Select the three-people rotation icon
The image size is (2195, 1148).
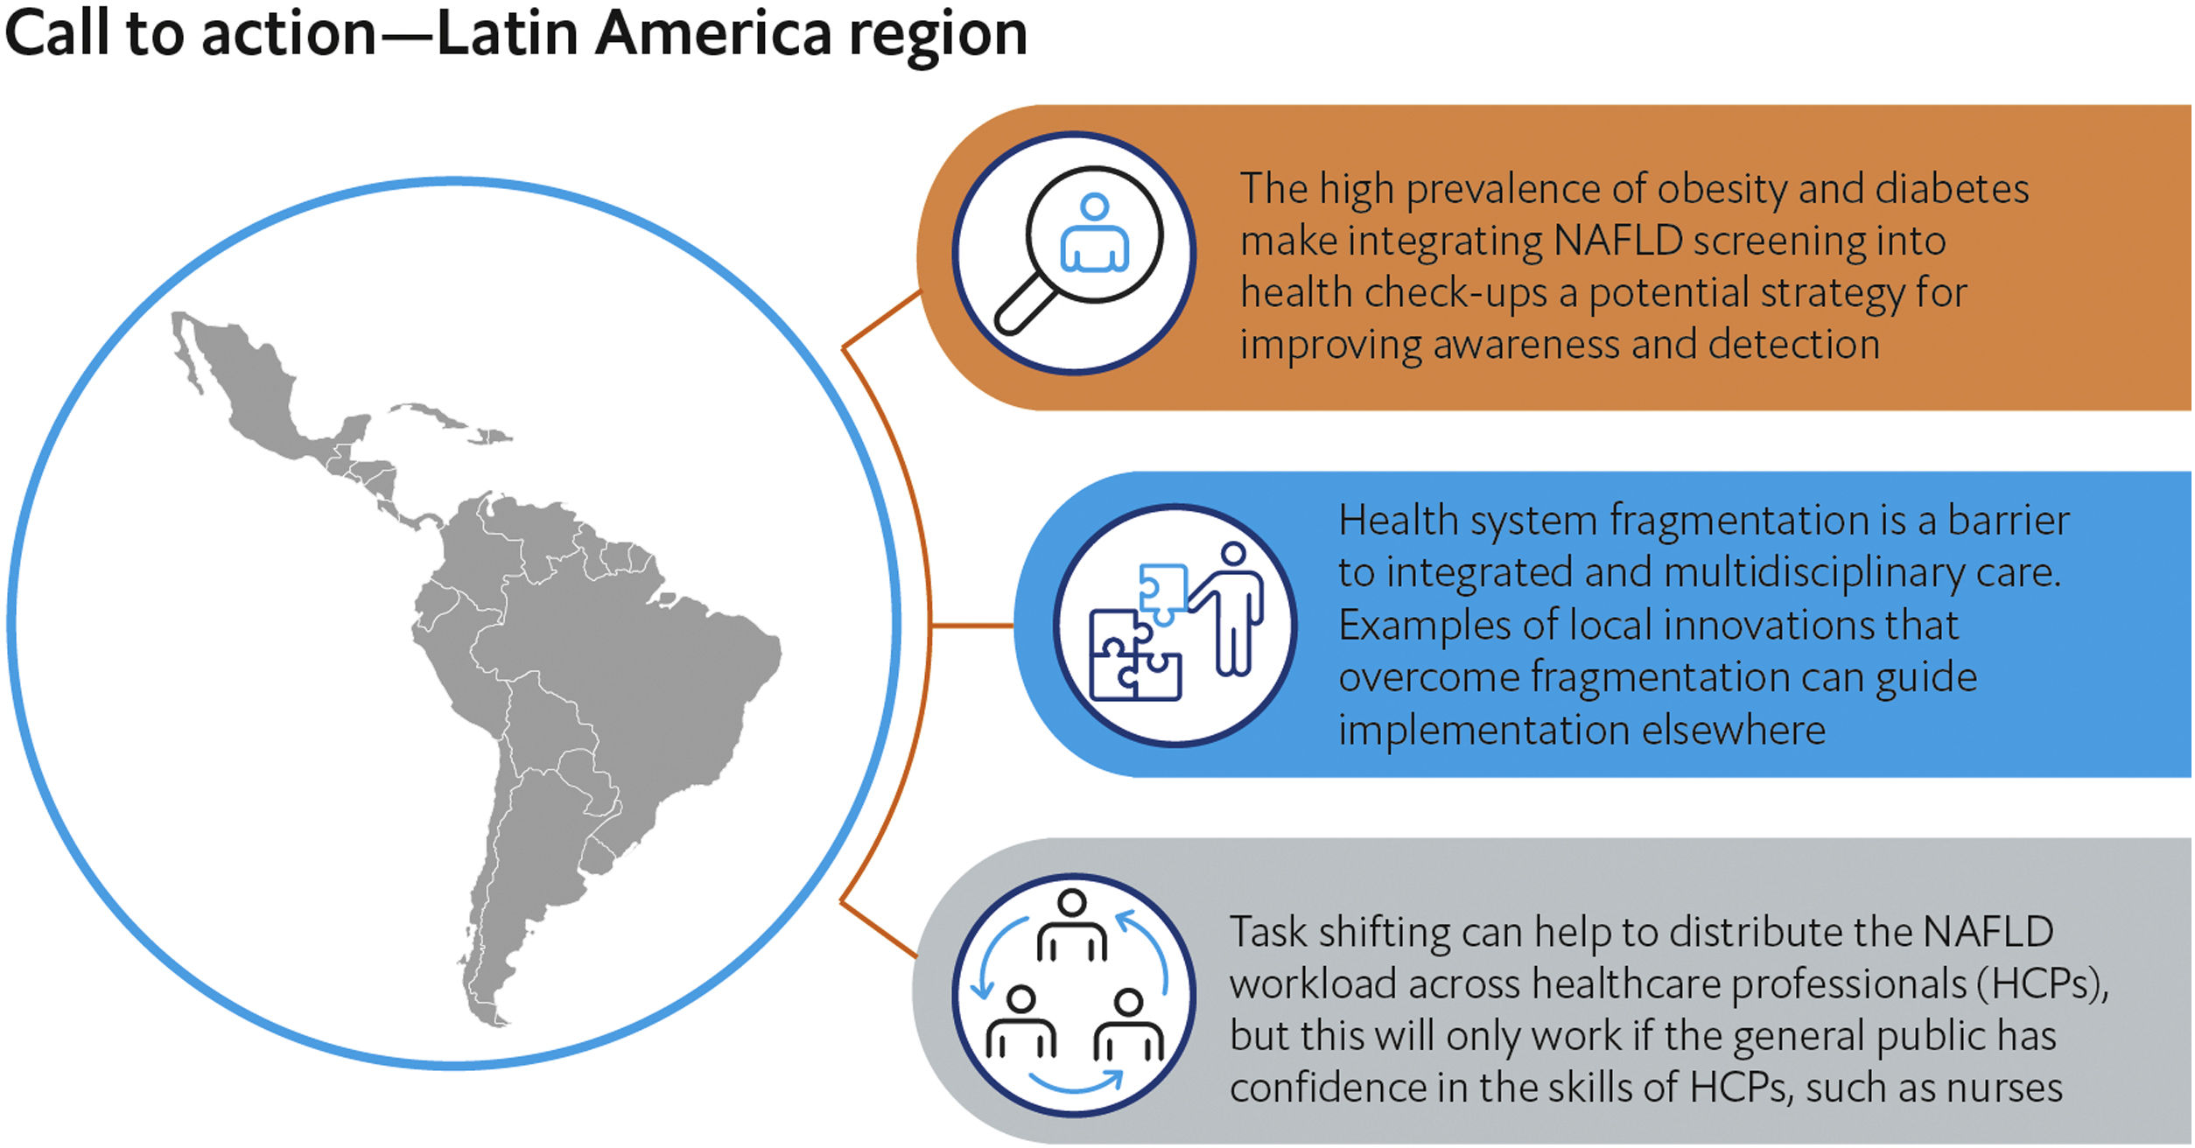coord(1074,995)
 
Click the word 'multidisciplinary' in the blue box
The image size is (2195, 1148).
coord(1843,573)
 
